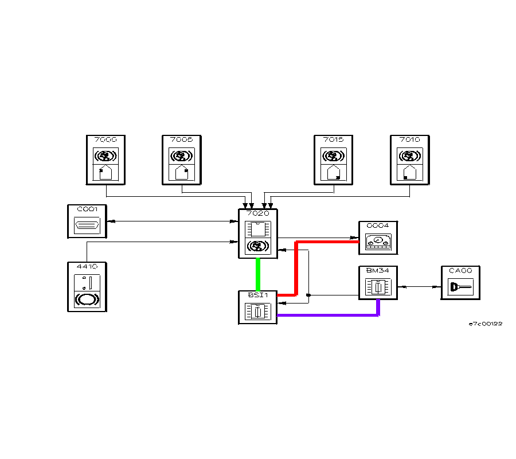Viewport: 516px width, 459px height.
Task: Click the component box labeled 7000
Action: pyautogui.click(x=105, y=160)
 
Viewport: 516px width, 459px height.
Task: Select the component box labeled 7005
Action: pyautogui.click(x=182, y=160)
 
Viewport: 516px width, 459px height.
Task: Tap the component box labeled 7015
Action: pyautogui.click(x=334, y=160)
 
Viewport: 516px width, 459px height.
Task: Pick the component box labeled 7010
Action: pyautogui.click(x=409, y=160)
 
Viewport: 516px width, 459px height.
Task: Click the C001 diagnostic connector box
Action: pyautogui.click(x=87, y=221)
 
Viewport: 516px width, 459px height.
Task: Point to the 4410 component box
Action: pyautogui.click(x=87, y=287)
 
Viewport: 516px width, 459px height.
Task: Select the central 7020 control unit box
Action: pyautogui.click(x=257, y=234)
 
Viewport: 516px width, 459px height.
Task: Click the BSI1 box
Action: pyautogui.click(x=257, y=308)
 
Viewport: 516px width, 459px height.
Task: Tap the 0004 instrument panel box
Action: pyautogui.click(x=378, y=238)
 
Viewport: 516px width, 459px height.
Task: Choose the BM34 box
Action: pyautogui.click(x=378, y=283)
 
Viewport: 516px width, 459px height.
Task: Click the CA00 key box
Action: pyautogui.click(x=460, y=283)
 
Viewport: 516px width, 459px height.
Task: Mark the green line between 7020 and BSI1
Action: pyautogui.click(x=258, y=275)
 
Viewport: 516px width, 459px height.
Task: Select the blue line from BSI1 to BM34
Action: pyautogui.click(x=327, y=315)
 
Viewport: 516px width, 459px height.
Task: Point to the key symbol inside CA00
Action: pyautogui.click(x=460, y=287)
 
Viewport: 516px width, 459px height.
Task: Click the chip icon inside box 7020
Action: pyautogui.click(x=257, y=229)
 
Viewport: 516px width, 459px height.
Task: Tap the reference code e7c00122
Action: pyautogui.click(x=486, y=324)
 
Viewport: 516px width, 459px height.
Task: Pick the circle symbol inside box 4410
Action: pyautogui.click(x=87, y=299)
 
